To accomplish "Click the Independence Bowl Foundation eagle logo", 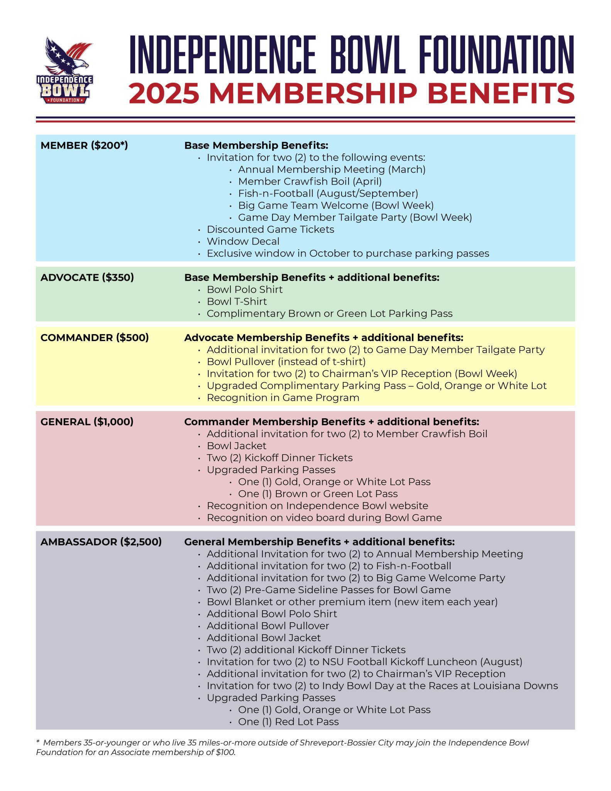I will (x=65, y=70).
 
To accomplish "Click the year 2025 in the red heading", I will (x=164, y=94).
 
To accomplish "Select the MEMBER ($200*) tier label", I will (x=84, y=145).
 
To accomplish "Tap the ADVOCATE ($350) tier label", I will (x=87, y=277).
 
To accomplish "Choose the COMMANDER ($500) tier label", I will (x=95, y=338).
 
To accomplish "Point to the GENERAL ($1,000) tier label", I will (x=87, y=421).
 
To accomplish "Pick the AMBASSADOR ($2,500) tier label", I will (x=101, y=541).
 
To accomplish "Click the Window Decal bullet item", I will (x=243, y=241).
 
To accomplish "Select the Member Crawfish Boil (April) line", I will (x=310, y=182).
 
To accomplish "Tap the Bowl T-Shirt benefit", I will (x=237, y=302).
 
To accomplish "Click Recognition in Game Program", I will (x=283, y=398).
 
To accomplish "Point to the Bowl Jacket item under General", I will (x=236, y=446).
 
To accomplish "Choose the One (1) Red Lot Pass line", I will (x=288, y=721).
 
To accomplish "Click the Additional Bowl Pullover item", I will (x=268, y=626).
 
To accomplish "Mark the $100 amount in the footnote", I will (x=225, y=752).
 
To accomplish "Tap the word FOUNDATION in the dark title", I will (x=497, y=54).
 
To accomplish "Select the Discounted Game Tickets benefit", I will (x=270, y=229).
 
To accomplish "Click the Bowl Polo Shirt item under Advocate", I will (x=245, y=290).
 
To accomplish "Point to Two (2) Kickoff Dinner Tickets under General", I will (x=279, y=458).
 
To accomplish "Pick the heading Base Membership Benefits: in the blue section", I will (x=256, y=145).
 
